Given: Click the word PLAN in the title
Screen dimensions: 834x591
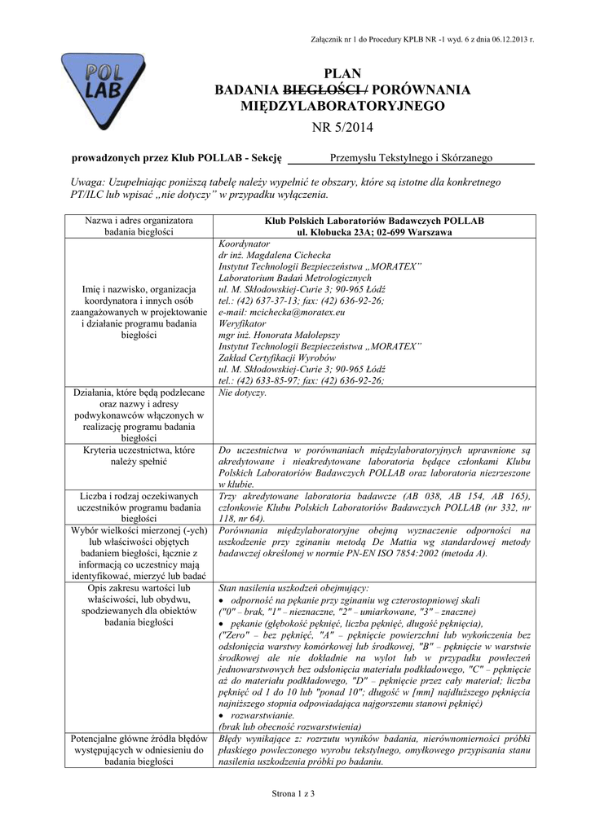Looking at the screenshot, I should point(342,73).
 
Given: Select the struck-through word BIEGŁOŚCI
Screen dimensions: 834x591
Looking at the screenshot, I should point(318,90).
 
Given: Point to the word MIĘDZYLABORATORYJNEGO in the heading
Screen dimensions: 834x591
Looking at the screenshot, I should point(342,106).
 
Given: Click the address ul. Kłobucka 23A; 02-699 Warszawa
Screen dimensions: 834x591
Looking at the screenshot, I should point(374,233).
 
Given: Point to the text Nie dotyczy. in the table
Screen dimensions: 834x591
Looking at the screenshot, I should point(242,393).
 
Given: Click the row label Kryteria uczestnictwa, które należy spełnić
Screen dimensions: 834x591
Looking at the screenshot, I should point(138,455).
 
